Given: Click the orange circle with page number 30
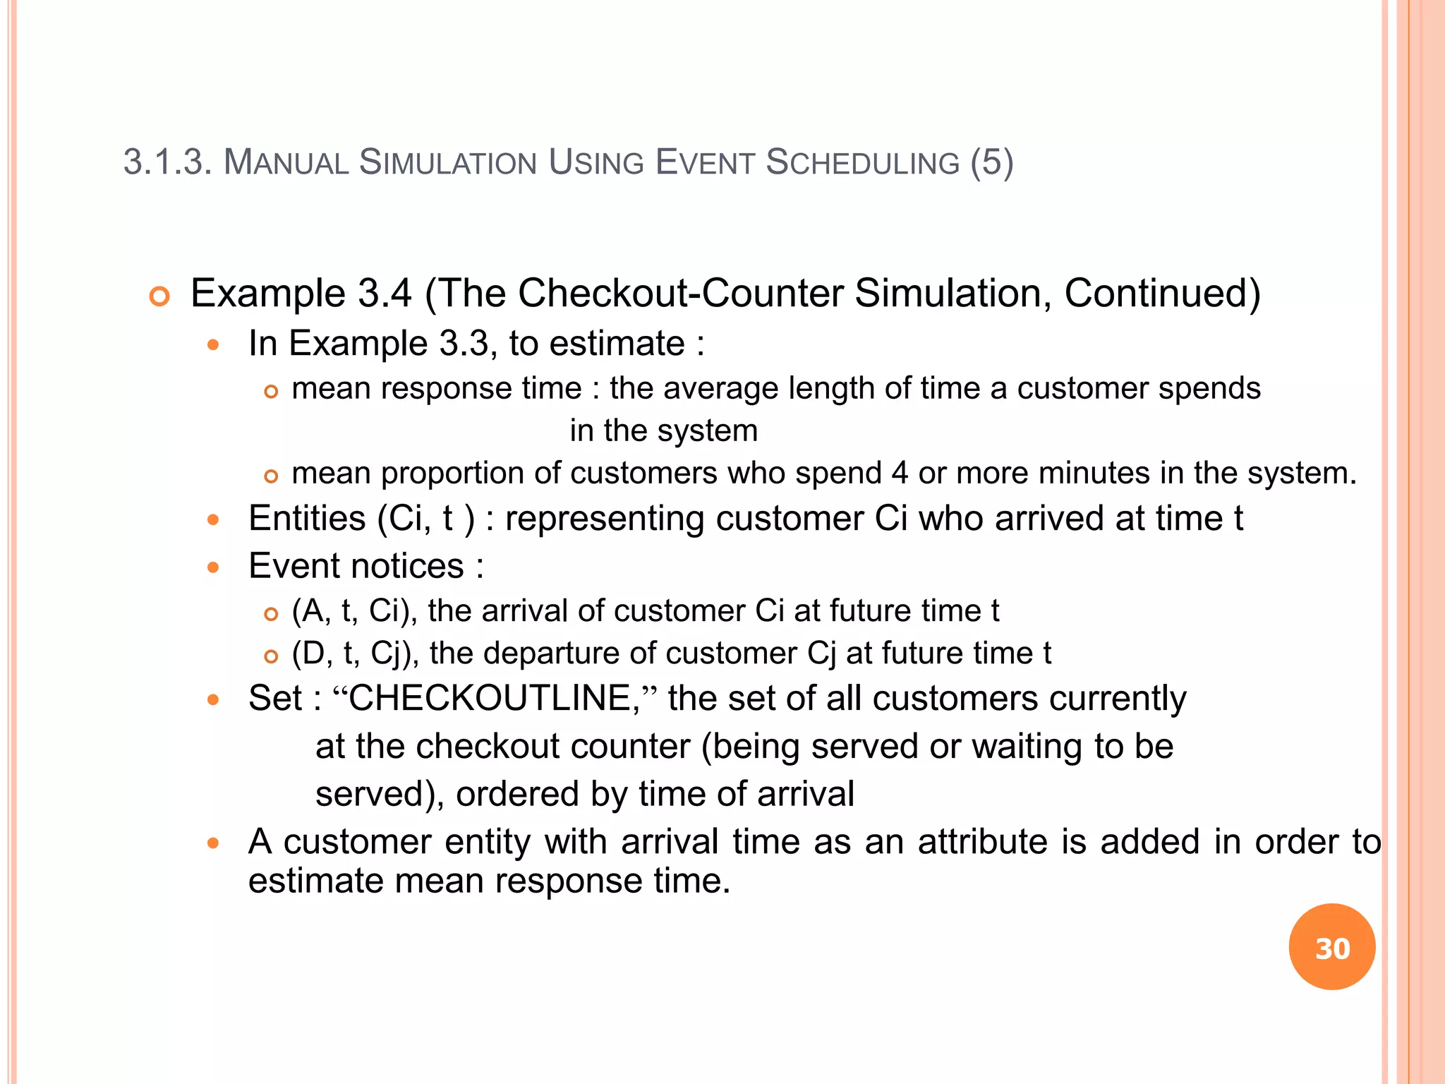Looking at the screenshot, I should pyautogui.click(x=1331, y=947).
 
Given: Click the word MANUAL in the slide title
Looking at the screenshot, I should pyautogui.click(x=285, y=162).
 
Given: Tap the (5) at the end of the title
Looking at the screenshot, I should pyautogui.click(x=991, y=162).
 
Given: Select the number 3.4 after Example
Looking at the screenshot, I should pyautogui.click(x=385, y=293).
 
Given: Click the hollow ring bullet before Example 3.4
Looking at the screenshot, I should pyautogui.click(x=160, y=296).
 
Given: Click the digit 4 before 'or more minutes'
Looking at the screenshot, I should pyautogui.click(x=900, y=473).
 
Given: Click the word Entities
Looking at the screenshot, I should pyautogui.click(x=307, y=519).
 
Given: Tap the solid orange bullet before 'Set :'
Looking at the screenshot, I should pyautogui.click(x=213, y=700).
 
